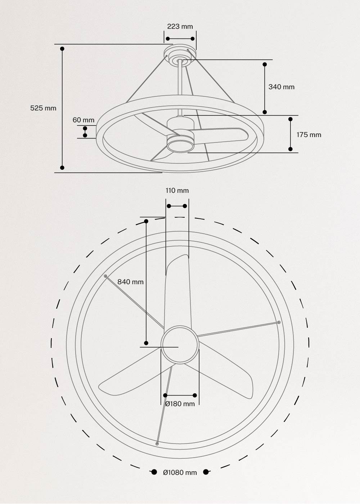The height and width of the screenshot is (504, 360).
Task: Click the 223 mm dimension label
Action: click(x=180, y=27)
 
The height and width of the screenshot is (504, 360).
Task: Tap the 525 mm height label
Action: click(x=43, y=108)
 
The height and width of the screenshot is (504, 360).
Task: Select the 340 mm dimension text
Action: click(x=281, y=87)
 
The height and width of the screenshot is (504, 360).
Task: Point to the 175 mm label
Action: click(x=309, y=135)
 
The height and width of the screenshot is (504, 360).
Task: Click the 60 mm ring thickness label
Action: click(x=84, y=120)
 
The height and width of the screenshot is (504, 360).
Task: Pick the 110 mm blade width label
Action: click(x=177, y=191)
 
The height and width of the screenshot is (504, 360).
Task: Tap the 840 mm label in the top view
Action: click(x=130, y=282)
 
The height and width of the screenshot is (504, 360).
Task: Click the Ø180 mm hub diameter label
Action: click(x=180, y=404)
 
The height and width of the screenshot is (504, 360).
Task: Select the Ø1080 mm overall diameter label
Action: click(x=180, y=473)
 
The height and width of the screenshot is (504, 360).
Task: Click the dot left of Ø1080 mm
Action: click(x=154, y=472)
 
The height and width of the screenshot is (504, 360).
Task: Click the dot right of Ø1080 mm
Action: click(x=206, y=472)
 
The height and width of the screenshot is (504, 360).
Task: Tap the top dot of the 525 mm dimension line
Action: click(x=62, y=49)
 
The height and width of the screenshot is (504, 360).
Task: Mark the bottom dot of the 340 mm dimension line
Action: click(x=265, y=112)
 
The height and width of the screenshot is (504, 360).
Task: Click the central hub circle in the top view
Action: click(x=180, y=345)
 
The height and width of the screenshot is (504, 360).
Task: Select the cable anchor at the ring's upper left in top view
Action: click(x=105, y=276)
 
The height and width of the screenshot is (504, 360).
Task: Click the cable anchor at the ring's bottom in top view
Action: click(x=157, y=444)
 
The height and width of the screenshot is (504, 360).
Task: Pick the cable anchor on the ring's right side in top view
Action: click(x=279, y=322)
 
